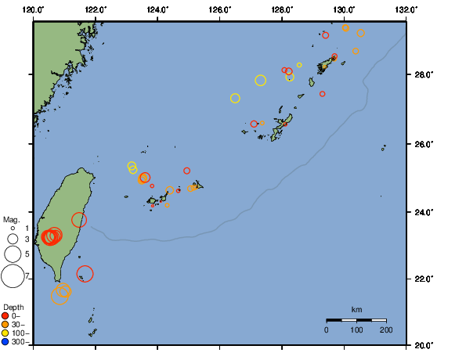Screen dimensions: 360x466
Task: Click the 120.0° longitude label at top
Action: click(x=33, y=8)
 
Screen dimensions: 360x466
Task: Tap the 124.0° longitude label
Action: click(x=157, y=8)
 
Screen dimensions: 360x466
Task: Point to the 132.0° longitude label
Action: click(x=405, y=8)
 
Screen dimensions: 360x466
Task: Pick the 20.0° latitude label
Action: click(x=423, y=345)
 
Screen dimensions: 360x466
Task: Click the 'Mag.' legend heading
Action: click(x=11, y=219)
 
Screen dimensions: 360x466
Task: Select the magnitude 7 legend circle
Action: click(x=13, y=275)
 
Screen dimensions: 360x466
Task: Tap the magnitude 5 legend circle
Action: click(x=13, y=254)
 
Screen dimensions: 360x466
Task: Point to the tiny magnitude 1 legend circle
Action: click(x=13, y=228)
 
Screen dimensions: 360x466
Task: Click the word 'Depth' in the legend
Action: click(x=13, y=307)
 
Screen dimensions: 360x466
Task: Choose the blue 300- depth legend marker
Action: click(x=5, y=342)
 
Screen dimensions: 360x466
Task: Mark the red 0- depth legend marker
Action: click(x=5, y=316)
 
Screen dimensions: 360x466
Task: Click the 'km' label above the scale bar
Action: click(x=356, y=311)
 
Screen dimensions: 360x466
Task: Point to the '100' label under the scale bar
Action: click(x=356, y=330)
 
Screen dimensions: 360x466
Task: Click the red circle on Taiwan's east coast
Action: click(x=79, y=220)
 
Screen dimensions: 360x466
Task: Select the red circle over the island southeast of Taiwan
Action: click(x=85, y=273)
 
